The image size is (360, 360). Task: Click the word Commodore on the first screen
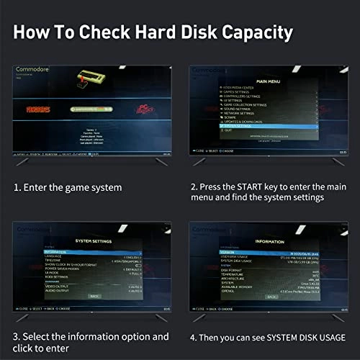point(34,70)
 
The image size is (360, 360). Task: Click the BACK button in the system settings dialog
point(93,296)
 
